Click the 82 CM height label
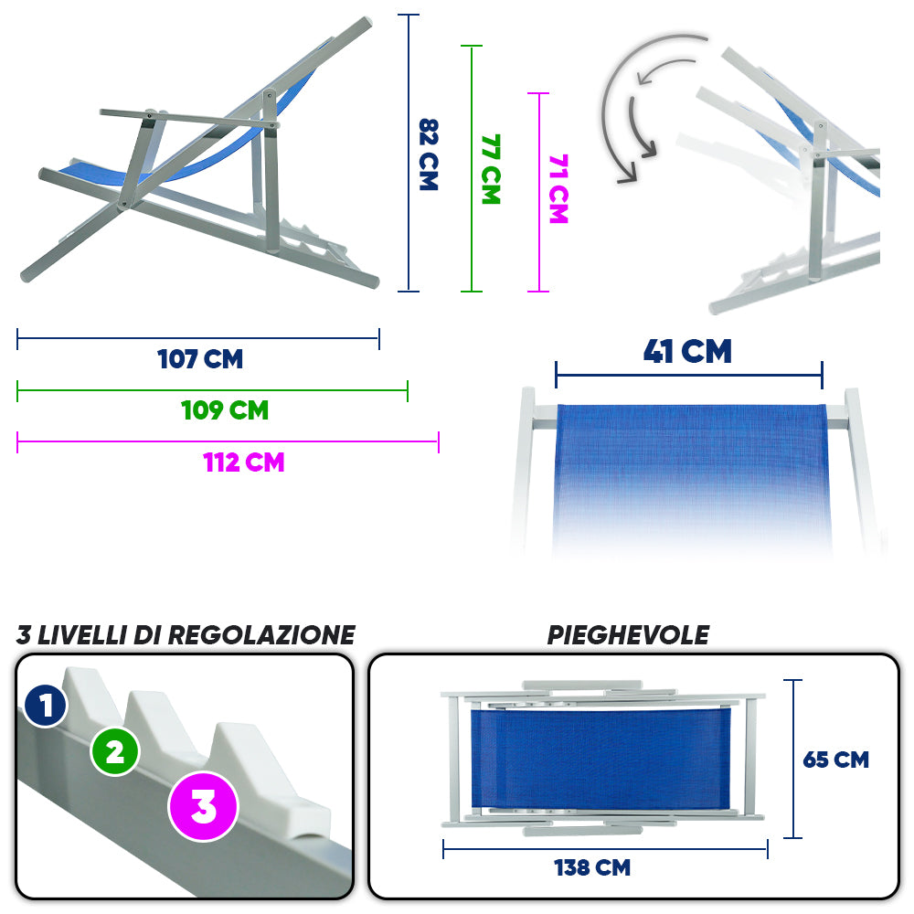click(429, 154)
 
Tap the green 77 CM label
click(491, 169)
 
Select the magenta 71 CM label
click(558, 189)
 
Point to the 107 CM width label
click(200, 359)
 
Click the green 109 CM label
click(225, 410)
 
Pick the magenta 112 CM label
click(244, 462)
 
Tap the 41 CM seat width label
click(688, 352)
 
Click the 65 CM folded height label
click(836, 760)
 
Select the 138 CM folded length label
click(592, 867)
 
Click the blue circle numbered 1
click(46, 706)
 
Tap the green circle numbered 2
click(115, 752)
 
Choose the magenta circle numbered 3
click(204, 807)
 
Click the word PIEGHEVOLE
click(628, 635)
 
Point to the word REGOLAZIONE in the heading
click(261, 635)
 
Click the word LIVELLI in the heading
click(81, 635)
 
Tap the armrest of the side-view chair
click(187, 118)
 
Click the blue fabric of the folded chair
click(600, 758)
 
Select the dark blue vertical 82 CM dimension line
click(409, 153)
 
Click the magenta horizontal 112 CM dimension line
click(228, 441)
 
